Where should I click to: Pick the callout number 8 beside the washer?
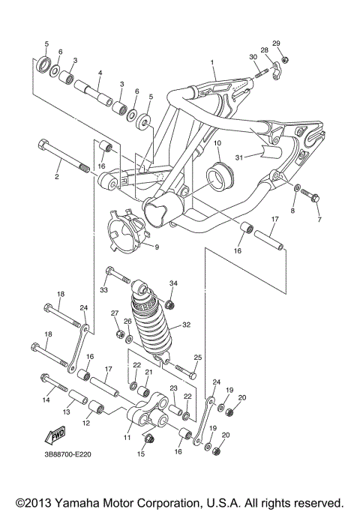(293, 211)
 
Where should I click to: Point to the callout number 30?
(253, 58)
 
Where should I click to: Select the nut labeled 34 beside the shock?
(170, 304)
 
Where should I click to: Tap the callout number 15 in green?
(139, 454)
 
